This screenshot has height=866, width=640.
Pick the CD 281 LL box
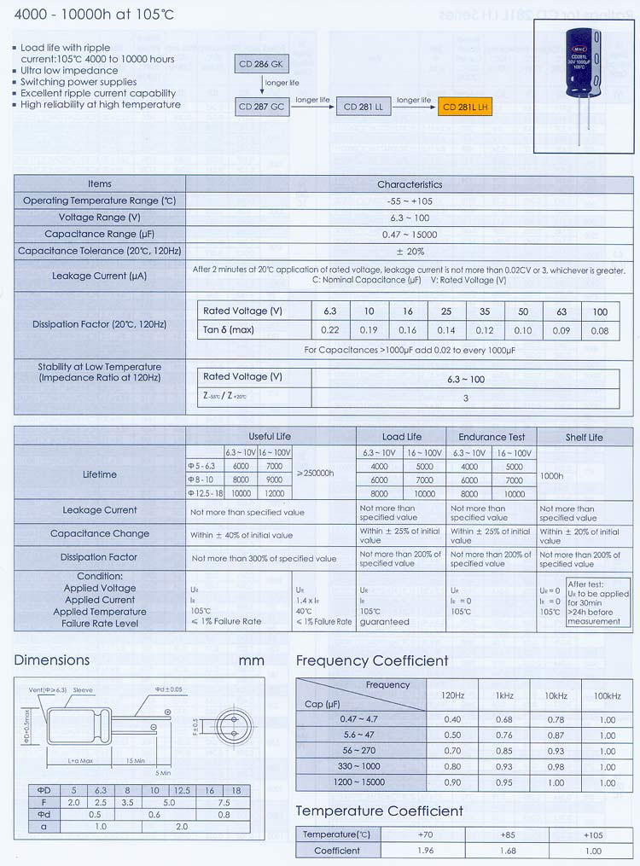(364, 107)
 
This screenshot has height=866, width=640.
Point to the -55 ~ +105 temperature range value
(410, 201)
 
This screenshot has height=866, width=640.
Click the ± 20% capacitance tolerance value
(410, 252)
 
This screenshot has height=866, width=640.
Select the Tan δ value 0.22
(329, 330)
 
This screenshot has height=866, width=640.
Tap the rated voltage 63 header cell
(561, 311)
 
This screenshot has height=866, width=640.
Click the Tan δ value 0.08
(600, 330)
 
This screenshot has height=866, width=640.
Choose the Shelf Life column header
(584, 437)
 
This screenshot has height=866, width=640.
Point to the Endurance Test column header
(492, 437)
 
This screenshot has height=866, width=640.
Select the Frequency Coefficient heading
(372, 661)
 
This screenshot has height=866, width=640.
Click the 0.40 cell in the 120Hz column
(452, 719)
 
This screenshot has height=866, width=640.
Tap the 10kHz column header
(555, 696)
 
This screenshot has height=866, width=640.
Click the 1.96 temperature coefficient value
(425, 850)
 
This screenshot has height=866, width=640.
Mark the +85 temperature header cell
(509, 834)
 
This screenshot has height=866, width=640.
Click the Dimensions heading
(52, 660)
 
